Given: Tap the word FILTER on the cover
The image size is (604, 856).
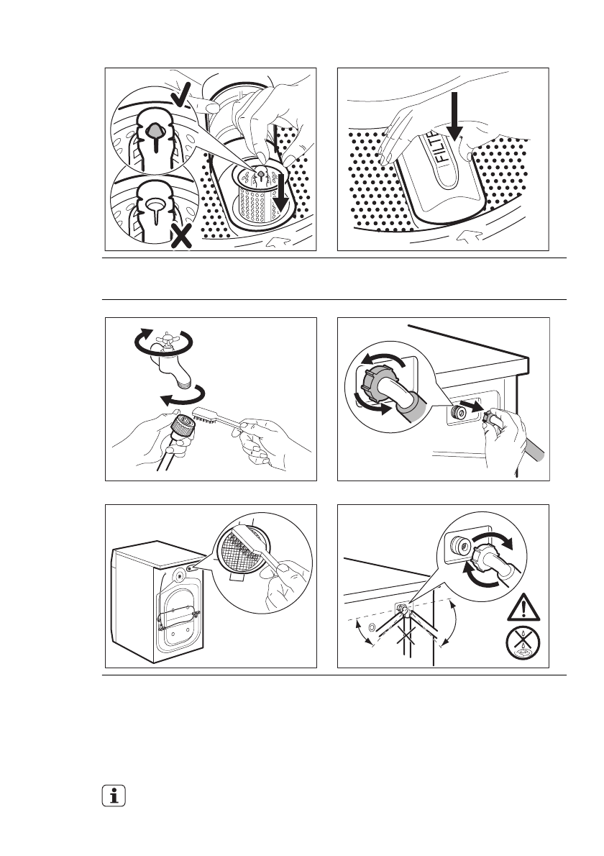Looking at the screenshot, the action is [442, 146].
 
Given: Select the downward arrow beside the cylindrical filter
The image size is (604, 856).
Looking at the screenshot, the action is [282, 191].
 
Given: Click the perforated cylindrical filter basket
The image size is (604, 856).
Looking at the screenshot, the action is [257, 193].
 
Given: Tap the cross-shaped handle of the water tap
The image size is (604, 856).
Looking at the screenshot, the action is [164, 342].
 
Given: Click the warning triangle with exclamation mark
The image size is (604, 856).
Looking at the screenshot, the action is [523, 608].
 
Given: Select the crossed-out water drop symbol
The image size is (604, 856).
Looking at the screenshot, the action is [523, 642].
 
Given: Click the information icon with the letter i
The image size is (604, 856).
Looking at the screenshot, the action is [114, 796].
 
